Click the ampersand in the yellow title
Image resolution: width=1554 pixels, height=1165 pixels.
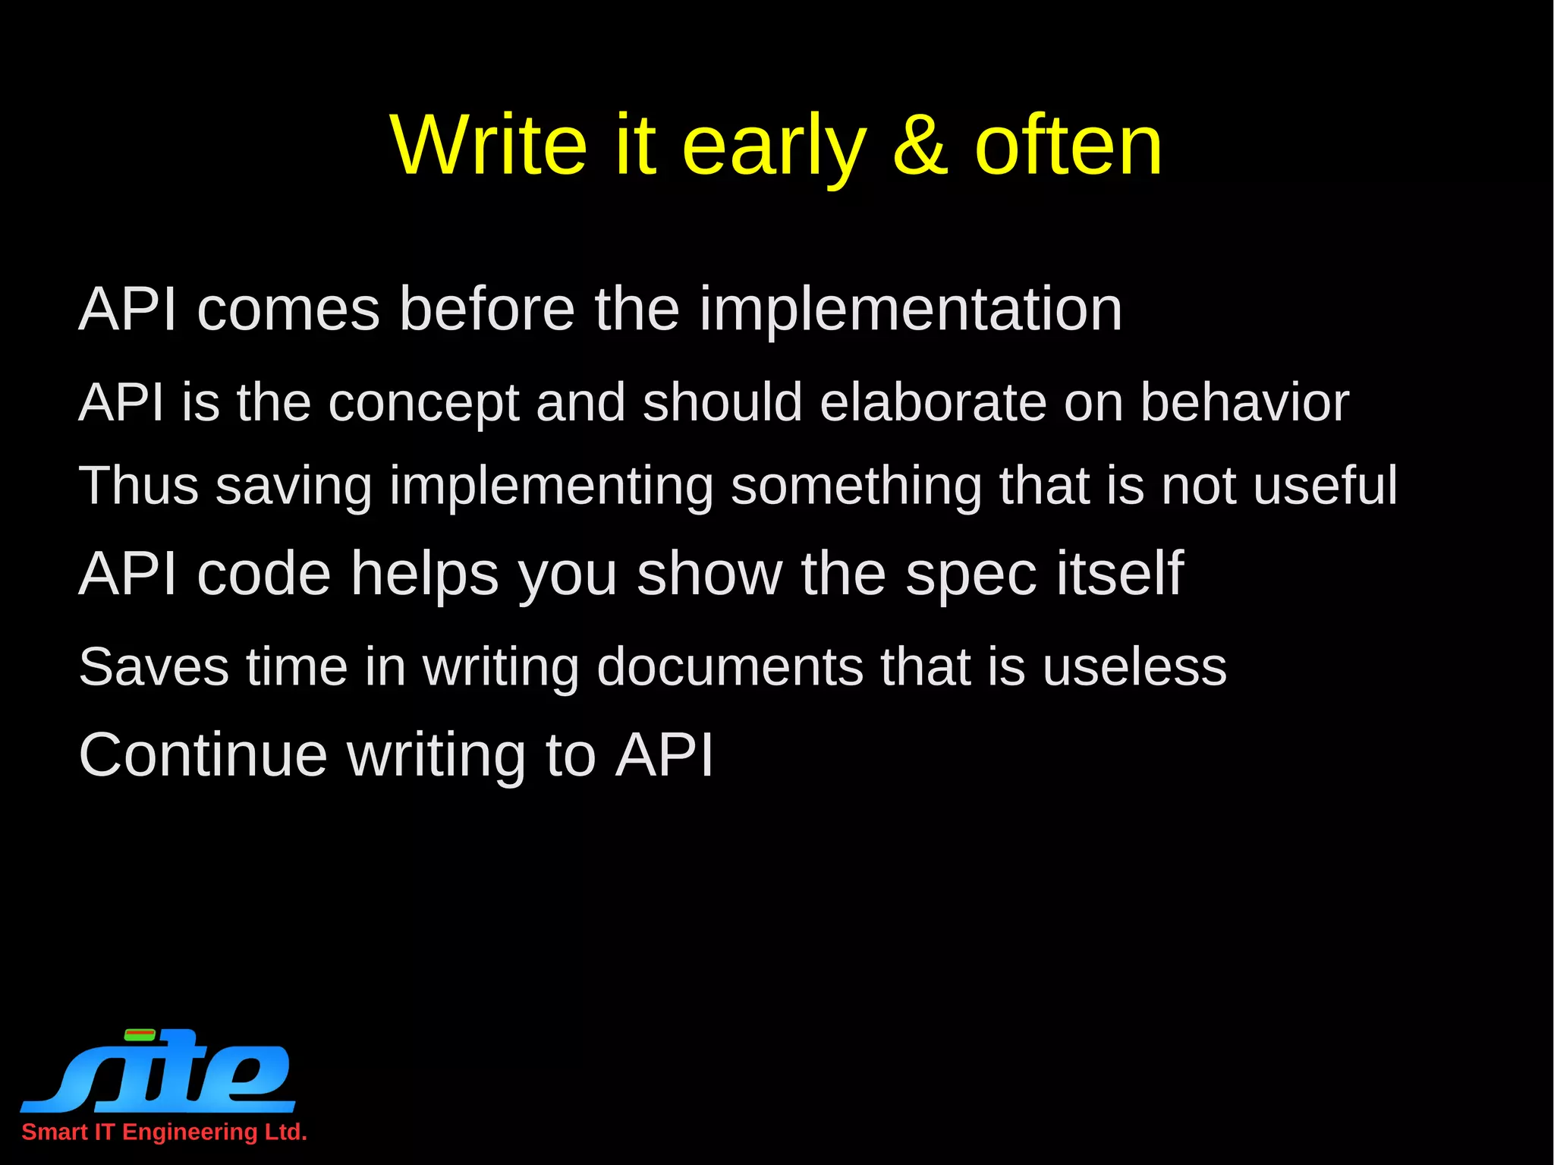coord(920,145)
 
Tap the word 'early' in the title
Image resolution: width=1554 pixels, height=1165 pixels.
coord(774,148)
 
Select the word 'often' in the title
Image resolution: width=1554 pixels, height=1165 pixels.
coord(1068,145)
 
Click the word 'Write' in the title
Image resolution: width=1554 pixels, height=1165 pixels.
coord(489,145)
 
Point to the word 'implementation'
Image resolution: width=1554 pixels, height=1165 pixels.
coord(910,310)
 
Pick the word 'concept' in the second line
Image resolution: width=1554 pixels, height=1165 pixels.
coord(423,405)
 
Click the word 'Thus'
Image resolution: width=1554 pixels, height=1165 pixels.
coord(139,485)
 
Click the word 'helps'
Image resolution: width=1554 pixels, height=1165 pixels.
coord(425,575)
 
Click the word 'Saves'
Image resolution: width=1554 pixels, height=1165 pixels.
coord(154,667)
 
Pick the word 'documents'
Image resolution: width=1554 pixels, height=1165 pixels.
coord(730,667)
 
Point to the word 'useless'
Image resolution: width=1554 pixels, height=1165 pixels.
coord(1134,667)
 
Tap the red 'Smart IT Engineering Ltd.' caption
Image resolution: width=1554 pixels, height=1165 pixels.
coord(164,1132)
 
